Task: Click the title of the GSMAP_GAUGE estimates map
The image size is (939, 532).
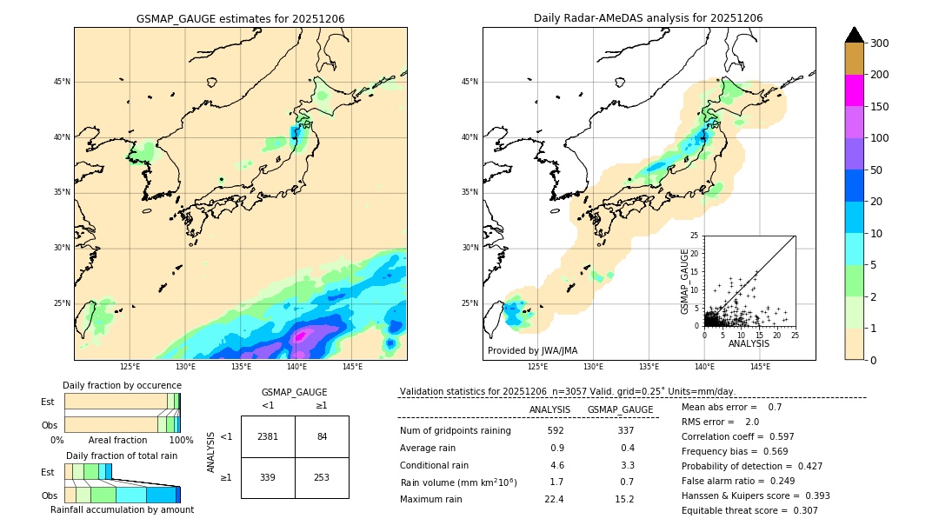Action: coord(240,18)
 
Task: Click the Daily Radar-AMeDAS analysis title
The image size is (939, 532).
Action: coord(649,18)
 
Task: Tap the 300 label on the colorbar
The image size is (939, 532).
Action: coord(881,43)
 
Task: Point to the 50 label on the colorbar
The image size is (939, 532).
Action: coord(877,170)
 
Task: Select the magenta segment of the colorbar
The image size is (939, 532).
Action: coord(855,90)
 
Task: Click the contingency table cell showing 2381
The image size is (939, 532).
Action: coord(268,436)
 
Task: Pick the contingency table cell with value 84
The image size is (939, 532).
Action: coord(322,436)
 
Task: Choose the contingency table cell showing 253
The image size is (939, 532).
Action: coord(322,477)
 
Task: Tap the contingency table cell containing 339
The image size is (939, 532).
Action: coord(268,477)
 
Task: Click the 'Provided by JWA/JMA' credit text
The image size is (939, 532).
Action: coord(532,351)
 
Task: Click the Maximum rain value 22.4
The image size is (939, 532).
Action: coord(554,499)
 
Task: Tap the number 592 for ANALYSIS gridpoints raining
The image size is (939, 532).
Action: coord(556,430)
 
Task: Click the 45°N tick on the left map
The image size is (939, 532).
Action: coord(61,82)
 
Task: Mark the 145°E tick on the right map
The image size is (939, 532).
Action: coord(760,368)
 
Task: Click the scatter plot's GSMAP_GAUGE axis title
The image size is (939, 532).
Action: coord(685,282)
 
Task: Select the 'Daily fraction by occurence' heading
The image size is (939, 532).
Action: coord(122,385)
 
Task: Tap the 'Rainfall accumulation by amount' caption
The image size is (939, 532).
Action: coord(122,509)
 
